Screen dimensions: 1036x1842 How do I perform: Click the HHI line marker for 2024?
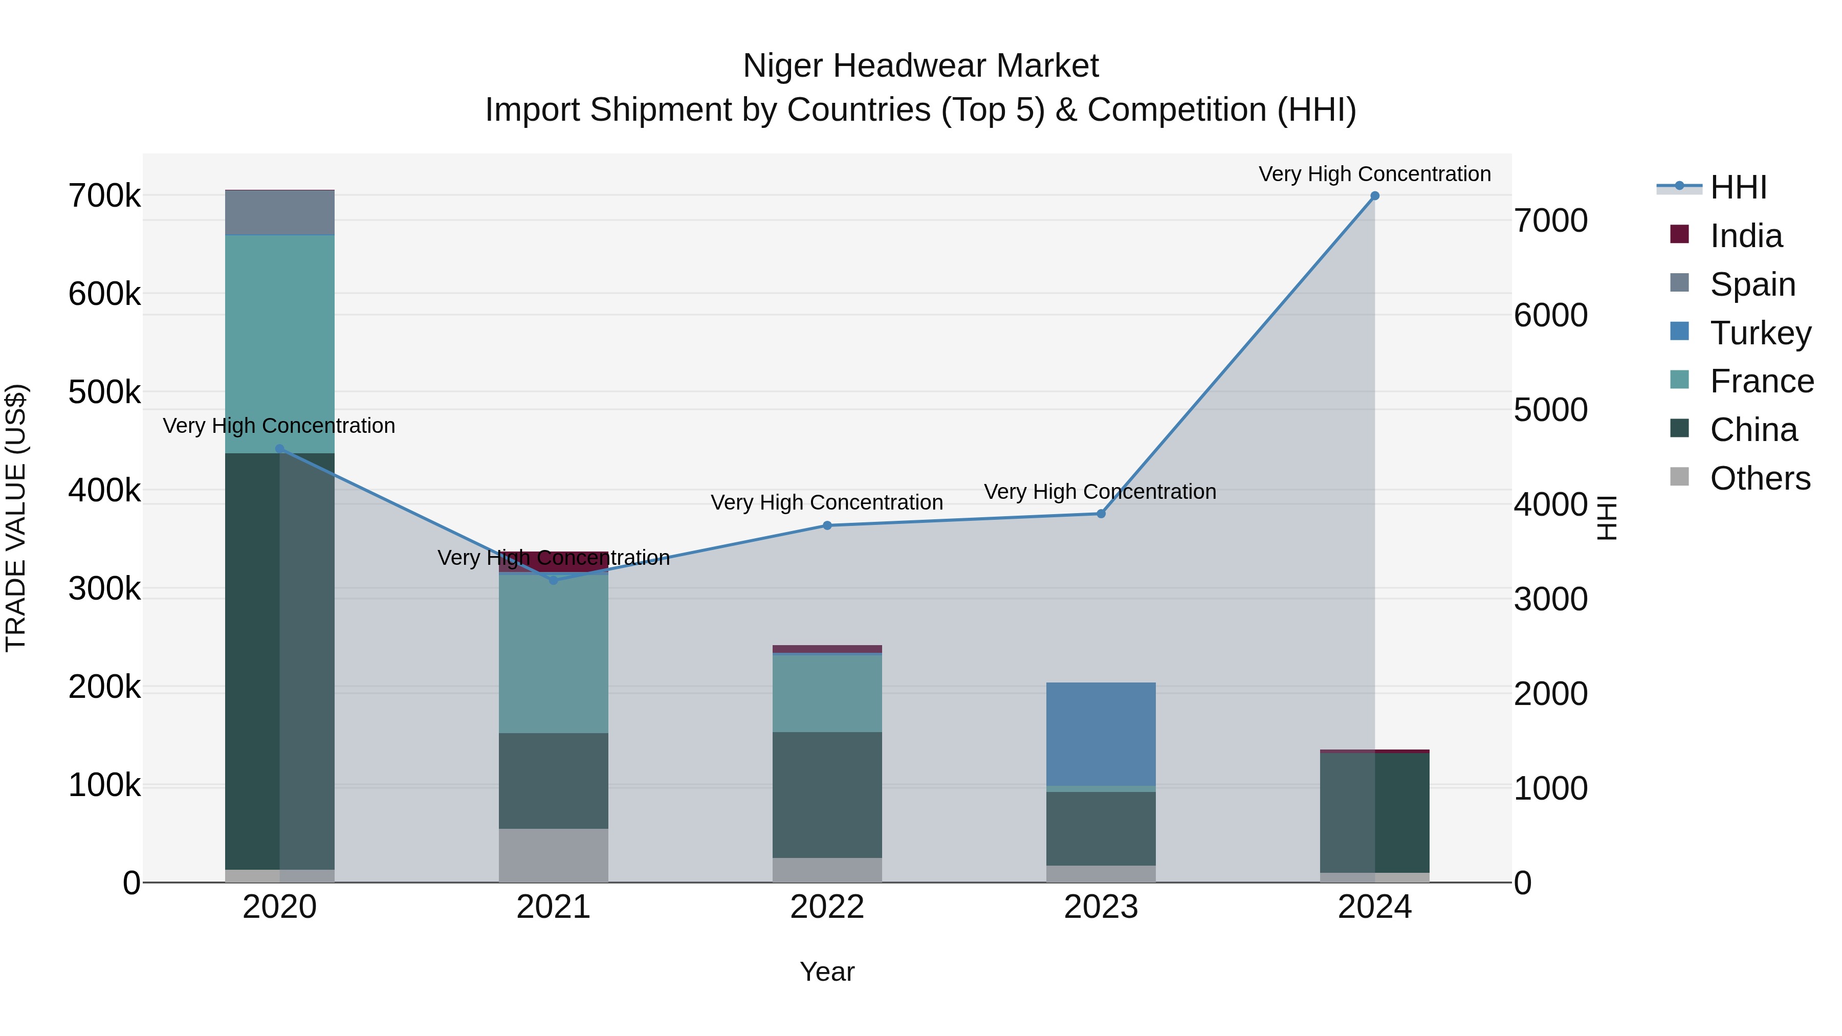click(x=1374, y=196)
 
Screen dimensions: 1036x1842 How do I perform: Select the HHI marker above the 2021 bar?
click(x=554, y=580)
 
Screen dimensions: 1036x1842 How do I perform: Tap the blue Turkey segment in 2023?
click(x=1101, y=734)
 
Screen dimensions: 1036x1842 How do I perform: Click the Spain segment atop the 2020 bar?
click(x=279, y=212)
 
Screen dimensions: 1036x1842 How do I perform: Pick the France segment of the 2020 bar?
click(x=279, y=343)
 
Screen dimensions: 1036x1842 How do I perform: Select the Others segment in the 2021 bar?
click(x=554, y=855)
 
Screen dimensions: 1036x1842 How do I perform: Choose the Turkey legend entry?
click(x=1759, y=333)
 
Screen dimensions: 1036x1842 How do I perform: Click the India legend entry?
click(x=1745, y=236)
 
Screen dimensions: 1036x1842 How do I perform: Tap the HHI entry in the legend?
click(x=1738, y=187)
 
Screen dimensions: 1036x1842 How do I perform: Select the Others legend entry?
click(x=1759, y=478)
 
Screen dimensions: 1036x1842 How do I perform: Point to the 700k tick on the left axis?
click(x=104, y=196)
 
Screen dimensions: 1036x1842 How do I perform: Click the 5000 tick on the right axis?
click(x=1550, y=410)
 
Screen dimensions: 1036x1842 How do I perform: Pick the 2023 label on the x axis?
click(x=1101, y=907)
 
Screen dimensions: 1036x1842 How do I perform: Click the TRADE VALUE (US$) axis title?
click(x=16, y=518)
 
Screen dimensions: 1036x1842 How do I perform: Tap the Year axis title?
click(x=827, y=972)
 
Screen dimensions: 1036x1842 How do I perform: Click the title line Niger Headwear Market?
click(x=920, y=66)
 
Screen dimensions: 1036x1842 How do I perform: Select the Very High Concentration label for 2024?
click(x=1374, y=174)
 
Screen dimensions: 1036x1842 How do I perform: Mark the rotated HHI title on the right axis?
click(x=1606, y=518)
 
